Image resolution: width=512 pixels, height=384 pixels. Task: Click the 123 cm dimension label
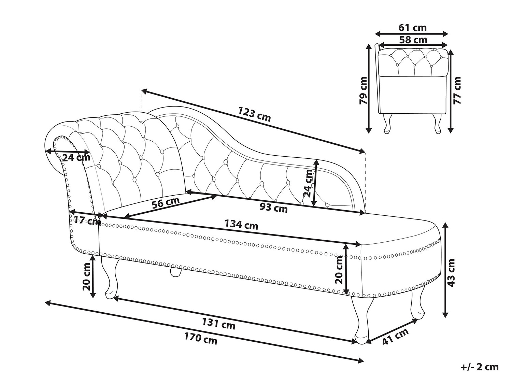tap(254, 114)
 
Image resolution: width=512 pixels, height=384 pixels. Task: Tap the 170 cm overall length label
tap(201, 339)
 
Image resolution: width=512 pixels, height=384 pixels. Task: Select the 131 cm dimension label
tap(218, 324)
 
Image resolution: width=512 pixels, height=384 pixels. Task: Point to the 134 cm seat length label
tap(241, 225)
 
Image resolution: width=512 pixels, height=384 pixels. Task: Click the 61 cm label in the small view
tap(412, 28)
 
